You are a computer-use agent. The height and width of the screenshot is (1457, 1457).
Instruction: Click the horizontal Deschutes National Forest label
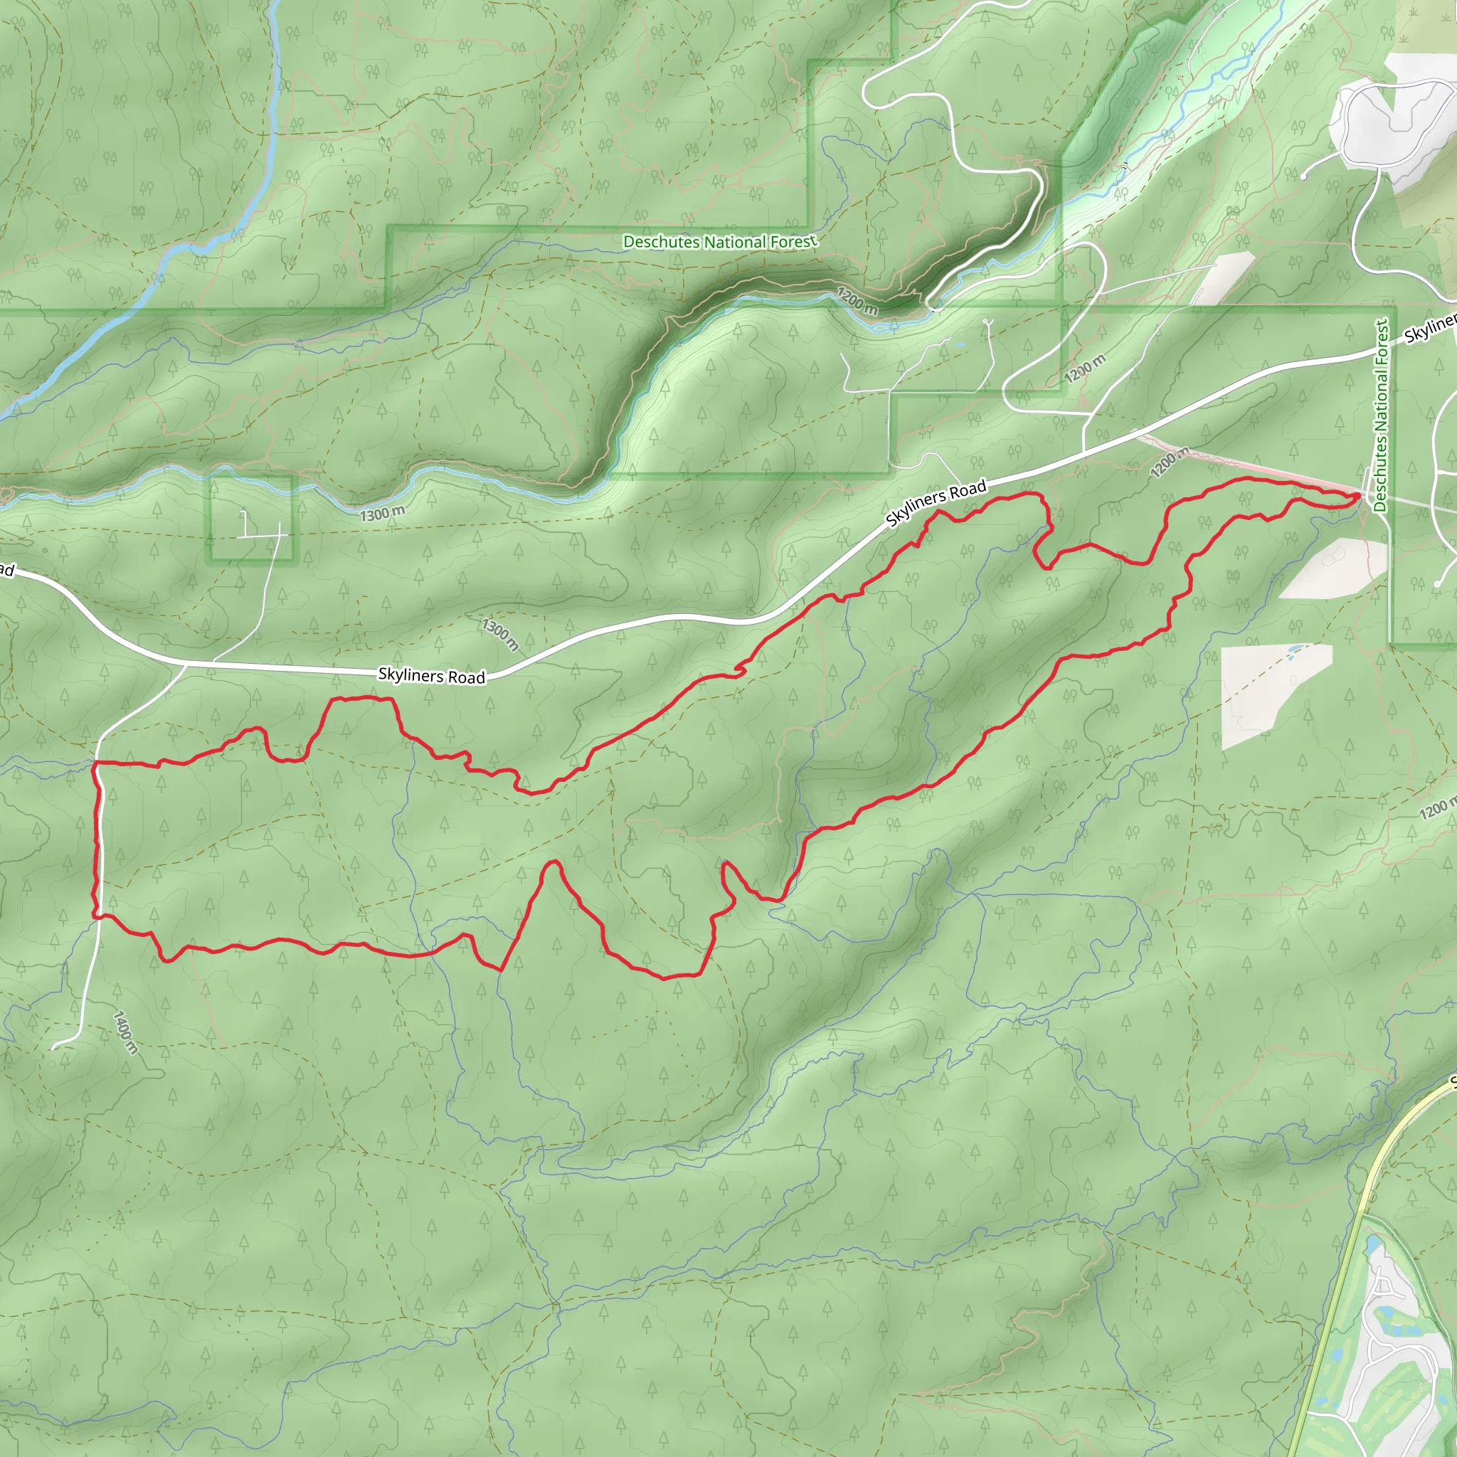point(719,242)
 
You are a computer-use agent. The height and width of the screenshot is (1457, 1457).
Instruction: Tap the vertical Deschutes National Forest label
point(1381,416)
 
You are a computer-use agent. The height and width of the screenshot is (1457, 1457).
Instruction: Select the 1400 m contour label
point(125,1032)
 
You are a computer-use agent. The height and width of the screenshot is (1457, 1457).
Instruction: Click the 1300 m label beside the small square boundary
point(382,514)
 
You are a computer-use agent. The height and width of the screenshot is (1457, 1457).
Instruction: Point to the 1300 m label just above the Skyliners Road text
point(500,635)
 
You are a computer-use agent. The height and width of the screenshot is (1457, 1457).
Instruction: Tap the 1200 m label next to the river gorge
point(857,302)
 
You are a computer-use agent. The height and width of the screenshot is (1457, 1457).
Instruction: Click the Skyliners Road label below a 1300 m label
point(431,676)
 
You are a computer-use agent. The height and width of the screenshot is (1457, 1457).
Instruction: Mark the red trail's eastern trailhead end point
point(1358,494)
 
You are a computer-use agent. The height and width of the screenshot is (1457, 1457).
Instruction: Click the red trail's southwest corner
point(95,916)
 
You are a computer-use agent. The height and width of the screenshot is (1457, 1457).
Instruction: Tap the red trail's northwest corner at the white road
point(95,764)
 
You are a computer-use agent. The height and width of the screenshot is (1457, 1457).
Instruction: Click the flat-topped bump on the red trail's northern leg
point(362,699)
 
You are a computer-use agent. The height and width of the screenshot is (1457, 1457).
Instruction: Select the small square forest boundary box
point(251,519)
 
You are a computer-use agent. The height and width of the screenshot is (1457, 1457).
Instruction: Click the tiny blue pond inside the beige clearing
point(1294,648)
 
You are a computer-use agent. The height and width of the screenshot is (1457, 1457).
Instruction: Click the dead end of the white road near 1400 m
point(54,1047)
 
